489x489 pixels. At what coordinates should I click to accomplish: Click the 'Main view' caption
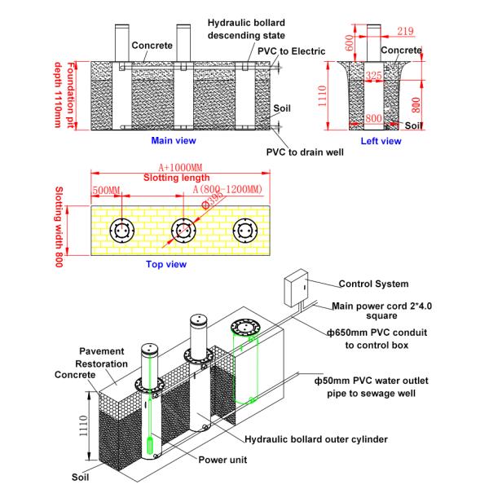tap(174, 140)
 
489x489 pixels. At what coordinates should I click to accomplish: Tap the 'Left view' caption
tap(381, 141)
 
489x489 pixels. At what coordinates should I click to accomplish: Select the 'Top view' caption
tap(165, 264)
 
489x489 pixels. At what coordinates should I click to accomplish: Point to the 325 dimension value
tap(373, 76)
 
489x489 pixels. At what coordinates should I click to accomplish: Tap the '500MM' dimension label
tap(107, 191)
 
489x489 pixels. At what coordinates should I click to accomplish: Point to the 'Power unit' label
tap(223, 459)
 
